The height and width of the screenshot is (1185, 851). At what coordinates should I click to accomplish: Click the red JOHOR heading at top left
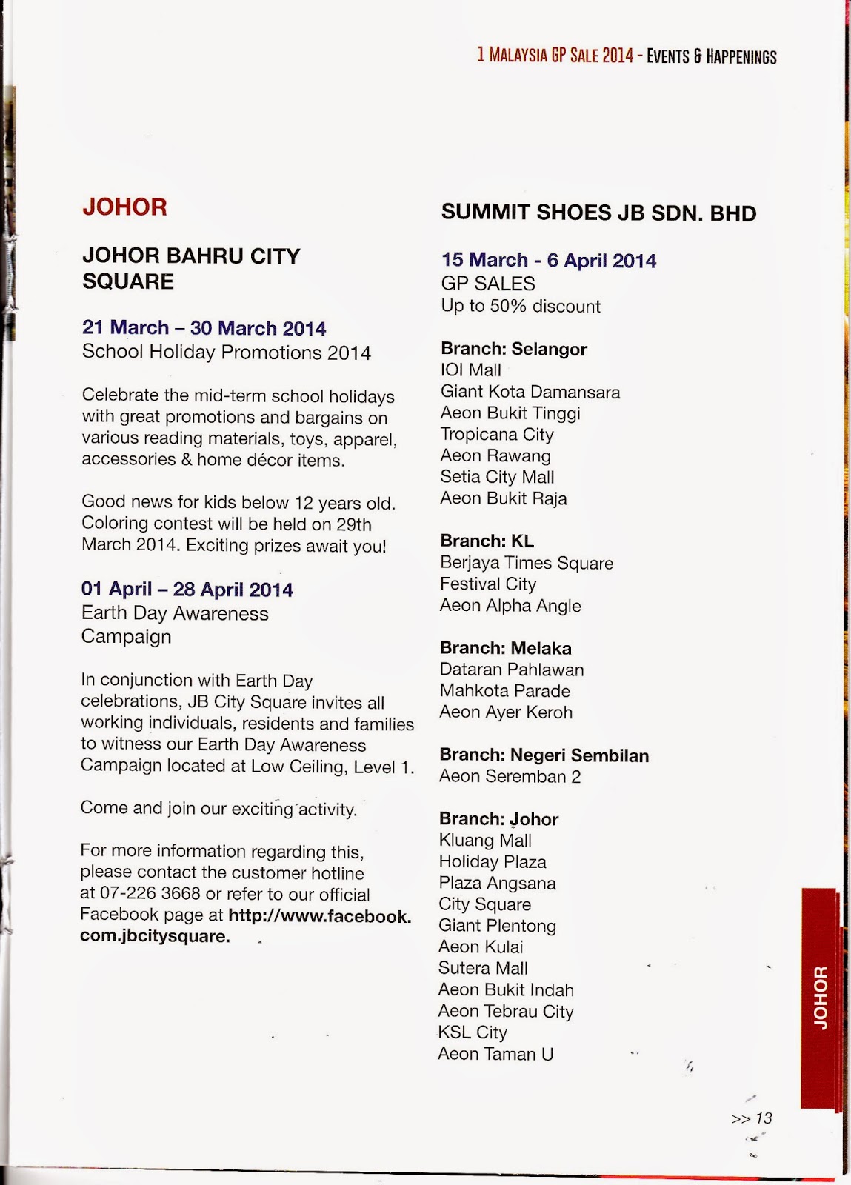[x=124, y=207]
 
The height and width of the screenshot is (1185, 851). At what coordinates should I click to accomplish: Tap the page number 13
[x=763, y=1118]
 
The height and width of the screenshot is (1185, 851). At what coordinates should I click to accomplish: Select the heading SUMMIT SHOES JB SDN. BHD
[x=598, y=213]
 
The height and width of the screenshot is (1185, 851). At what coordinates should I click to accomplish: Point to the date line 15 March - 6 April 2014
[x=548, y=261]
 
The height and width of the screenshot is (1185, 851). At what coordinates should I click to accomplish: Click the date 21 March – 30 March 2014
[x=204, y=328]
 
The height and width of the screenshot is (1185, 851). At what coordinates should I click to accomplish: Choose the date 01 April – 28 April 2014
[x=187, y=590]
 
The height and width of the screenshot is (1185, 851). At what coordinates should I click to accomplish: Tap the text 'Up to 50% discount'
[x=520, y=307]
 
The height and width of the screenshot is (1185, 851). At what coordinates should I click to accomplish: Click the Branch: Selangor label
[x=513, y=349]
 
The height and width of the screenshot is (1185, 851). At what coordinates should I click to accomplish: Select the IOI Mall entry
[x=470, y=370]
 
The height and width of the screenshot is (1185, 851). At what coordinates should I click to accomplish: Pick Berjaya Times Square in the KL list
[x=526, y=563]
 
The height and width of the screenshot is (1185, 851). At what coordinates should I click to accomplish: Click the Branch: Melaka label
[x=505, y=648]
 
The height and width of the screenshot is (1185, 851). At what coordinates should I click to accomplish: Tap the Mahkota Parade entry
[x=504, y=691]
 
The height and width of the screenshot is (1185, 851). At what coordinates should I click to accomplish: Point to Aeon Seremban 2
[x=510, y=777]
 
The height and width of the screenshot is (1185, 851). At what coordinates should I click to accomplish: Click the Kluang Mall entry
[x=485, y=841]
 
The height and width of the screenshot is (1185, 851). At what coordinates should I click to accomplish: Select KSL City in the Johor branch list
[x=472, y=1032]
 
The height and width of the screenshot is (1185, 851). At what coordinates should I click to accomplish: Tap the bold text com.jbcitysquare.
[x=155, y=936]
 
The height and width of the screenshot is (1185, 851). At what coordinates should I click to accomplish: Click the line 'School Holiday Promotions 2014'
[x=226, y=352]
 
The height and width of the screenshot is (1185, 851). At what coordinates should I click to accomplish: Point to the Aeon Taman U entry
[x=495, y=1054]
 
